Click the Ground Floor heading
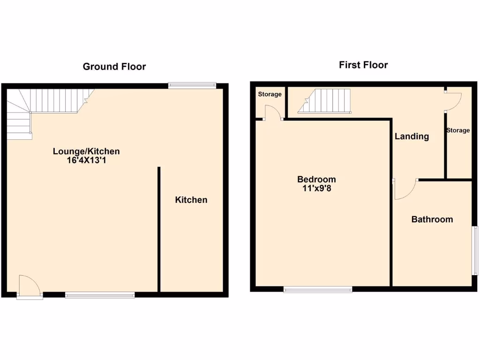coord(114,67)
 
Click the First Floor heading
coord(363,65)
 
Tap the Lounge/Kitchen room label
coord(86,151)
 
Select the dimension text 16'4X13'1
coord(86,160)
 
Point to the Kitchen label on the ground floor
coord(191,200)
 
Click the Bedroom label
coord(316,180)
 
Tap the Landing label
coord(412,136)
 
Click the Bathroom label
coord(432,219)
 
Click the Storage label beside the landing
coord(457,130)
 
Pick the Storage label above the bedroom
coord(270,94)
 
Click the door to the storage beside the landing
coord(453,100)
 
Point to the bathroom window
coord(474,250)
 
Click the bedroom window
coord(318,290)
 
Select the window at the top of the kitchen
coord(192,85)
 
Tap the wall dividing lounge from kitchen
coord(159,230)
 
